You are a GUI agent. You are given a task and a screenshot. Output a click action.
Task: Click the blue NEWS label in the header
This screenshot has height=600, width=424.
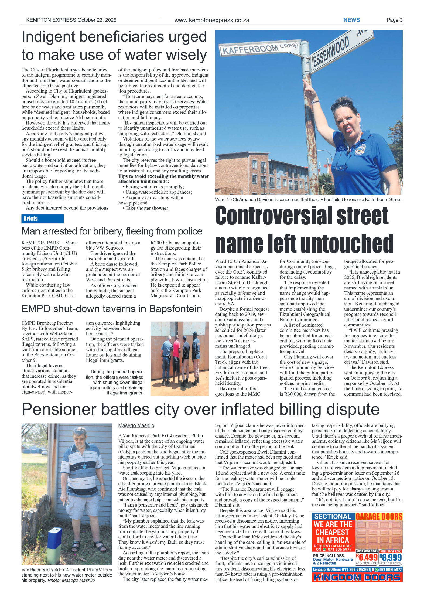[x=351, y=20]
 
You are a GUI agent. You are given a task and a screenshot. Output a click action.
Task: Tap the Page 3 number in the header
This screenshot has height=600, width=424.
[x=394, y=20]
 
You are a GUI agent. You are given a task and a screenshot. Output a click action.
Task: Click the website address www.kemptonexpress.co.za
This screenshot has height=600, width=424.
[x=212, y=20]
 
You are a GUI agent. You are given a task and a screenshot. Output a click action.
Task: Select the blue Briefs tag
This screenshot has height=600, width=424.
[x=42, y=219]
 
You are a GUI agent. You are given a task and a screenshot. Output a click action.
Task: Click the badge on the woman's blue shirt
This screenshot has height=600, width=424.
[x=360, y=149]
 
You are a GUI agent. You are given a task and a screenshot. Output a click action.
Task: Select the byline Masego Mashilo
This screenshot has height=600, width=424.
[x=136, y=425]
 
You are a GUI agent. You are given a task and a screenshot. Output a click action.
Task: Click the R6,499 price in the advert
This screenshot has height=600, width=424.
[x=367, y=557]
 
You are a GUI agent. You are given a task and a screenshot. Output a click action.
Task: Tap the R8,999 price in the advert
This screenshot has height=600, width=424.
[x=391, y=557]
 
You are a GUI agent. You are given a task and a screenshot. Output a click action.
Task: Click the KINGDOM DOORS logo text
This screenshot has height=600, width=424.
[x=357, y=577]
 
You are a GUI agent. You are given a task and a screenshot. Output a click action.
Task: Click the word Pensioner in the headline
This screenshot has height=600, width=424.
[x=59, y=410]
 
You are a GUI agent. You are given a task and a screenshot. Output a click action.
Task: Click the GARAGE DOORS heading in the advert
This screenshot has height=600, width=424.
[x=379, y=516]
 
